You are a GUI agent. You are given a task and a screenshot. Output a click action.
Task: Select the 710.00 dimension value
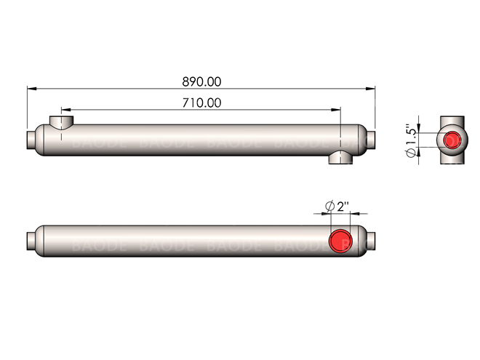tap(201, 103)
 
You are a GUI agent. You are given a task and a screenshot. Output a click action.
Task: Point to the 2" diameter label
tap(335, 206)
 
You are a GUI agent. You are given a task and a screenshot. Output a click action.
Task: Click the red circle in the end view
tap(452, 139)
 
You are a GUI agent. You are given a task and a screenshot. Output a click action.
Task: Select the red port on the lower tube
tap(340, 240)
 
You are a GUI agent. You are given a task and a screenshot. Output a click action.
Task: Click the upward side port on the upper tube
tap(60, 121)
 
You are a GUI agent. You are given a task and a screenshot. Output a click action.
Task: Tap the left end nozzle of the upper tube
tap(31, 138)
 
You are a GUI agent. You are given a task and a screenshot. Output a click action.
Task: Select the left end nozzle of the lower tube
tap(31, 240)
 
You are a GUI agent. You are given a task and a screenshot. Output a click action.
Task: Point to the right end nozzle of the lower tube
tap(371, 240)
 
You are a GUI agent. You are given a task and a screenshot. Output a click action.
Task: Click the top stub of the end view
tap(452, 119)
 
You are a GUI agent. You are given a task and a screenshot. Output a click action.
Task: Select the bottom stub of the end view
tap(452, 159)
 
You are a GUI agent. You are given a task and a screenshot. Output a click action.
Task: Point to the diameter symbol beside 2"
tap(329, 206)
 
